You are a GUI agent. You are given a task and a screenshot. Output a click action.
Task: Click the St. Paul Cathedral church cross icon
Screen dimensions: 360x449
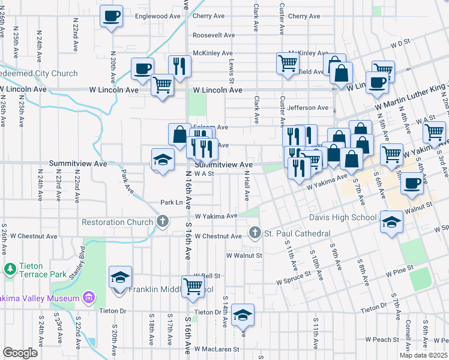[255, 233]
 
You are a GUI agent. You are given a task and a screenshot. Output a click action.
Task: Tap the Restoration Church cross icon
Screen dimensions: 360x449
[161, 222]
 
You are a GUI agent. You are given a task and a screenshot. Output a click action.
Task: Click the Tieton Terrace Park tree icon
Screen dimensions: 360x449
[10, 268]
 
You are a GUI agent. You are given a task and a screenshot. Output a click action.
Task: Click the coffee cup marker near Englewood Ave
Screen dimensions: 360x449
[111, 17]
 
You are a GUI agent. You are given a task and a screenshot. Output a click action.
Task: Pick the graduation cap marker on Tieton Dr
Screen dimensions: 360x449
[243, 314]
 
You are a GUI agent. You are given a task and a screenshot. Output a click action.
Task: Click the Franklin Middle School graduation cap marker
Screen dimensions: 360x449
[120, 277]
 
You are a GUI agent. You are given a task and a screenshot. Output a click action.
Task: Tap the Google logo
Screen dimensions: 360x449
[20, 353]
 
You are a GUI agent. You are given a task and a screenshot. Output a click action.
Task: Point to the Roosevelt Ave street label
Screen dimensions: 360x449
[213, 35]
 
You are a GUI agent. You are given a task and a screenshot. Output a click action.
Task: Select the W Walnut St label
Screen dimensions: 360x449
[244, 255]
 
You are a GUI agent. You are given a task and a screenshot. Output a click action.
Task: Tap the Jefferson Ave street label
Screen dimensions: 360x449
[308, 108]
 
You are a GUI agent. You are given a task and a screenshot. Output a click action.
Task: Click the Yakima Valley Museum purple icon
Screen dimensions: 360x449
[89, 298]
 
